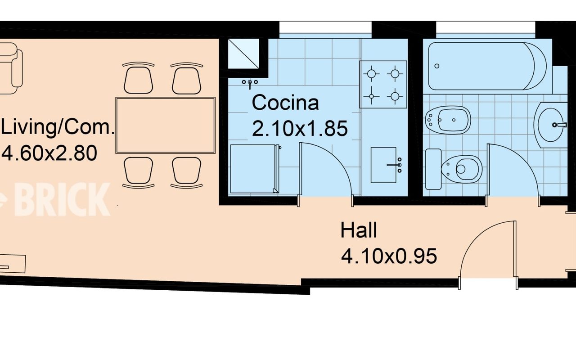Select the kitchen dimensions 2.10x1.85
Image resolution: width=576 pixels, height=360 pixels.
300,128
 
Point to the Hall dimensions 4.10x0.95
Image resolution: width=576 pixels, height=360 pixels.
389,256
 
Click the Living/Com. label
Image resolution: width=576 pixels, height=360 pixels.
58,127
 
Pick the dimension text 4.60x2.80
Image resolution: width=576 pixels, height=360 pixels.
49,153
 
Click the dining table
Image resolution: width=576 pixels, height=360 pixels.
165,125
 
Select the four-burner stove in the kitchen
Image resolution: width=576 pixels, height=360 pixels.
383,84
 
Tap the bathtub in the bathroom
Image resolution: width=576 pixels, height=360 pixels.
487,66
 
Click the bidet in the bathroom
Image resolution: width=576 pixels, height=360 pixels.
448,120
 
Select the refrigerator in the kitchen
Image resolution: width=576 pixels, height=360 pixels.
253,169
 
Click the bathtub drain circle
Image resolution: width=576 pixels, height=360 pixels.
436,66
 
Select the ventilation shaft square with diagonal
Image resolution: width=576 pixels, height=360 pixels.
243,54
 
